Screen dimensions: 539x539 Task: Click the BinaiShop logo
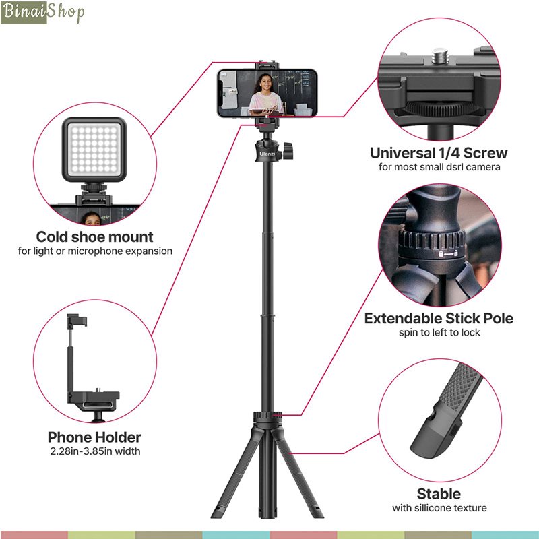coord(42,12)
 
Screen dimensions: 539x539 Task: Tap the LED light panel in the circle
coord(94,150)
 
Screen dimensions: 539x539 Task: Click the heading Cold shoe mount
coord(94,236)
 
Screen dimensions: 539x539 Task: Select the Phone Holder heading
coord(94,437)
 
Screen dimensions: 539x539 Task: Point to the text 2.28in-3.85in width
coord(94,451)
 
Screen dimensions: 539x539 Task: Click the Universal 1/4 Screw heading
coord(439,152)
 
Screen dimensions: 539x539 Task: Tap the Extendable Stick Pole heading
coord(439,318)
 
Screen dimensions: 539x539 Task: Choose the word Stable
coord(439,493)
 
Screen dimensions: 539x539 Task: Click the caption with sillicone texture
coord(439,508)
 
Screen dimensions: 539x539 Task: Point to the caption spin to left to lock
coord(439,333)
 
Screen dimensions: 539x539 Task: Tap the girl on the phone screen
coord(263,94)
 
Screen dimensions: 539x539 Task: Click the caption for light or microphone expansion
coord(94,251)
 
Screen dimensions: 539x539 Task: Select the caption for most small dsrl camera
coord(439,167)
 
